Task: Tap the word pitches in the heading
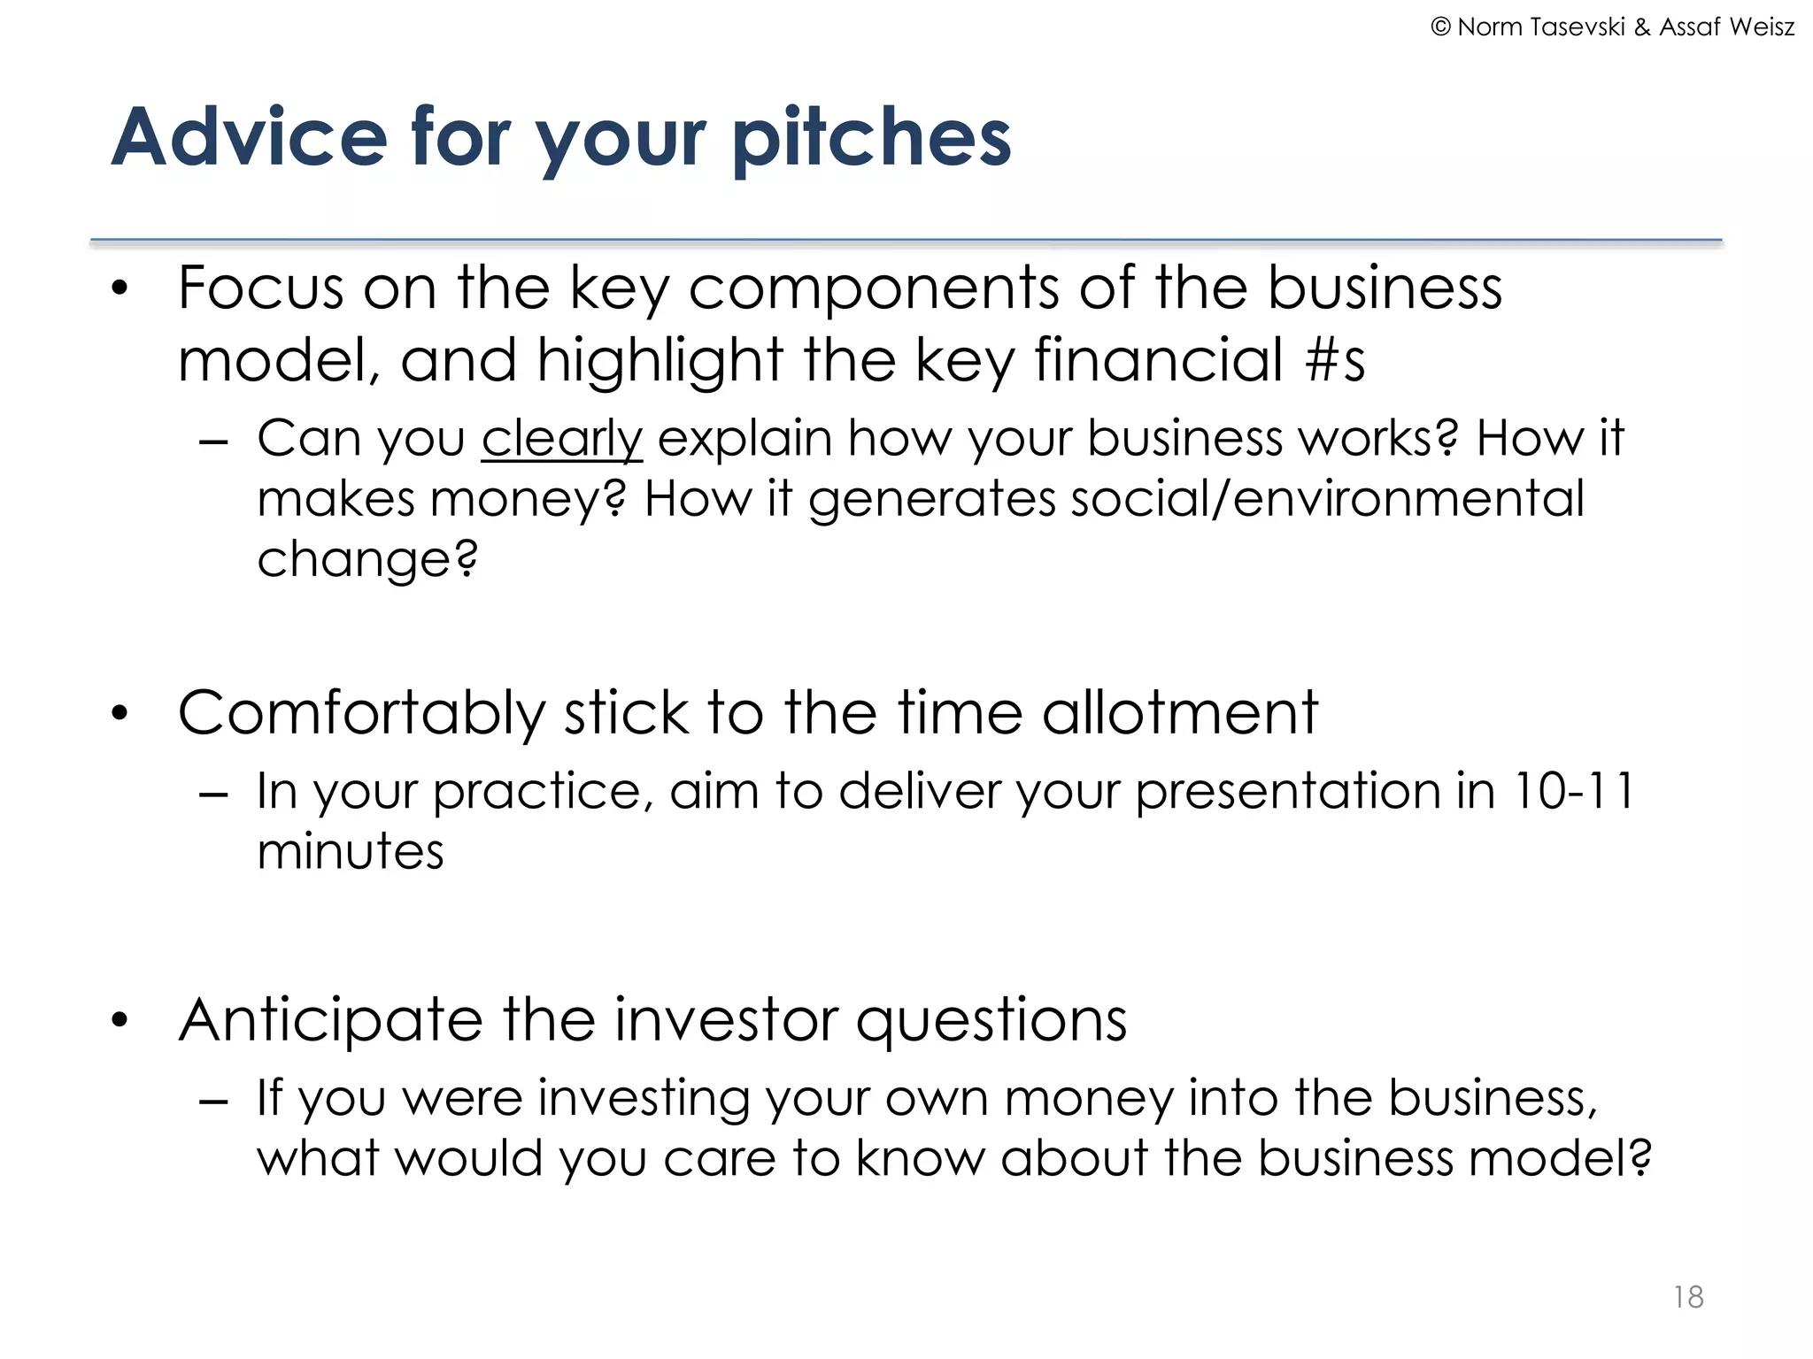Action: (x=872, y=138)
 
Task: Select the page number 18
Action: (x=1688, y=1297)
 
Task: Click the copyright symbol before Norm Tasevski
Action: (x=1441, y=27)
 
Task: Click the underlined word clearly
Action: (x=561, y=439)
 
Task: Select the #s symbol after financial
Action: (x=1335, y=360)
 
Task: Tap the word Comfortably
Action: (x=362, y=713)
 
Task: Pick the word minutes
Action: (x=351, y=851)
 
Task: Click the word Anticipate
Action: (x=330, y=1020)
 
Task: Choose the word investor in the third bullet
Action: (x=725, y=1020)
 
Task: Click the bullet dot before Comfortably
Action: (x=121, y=713)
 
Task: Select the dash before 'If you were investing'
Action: (x=214, y=1102)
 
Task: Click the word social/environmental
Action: (x=1328, y=498)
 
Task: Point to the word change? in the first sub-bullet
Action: (x=367, y=559)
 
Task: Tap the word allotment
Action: (x=1179, y=713)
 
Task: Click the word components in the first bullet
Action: (x=873, y=289)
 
